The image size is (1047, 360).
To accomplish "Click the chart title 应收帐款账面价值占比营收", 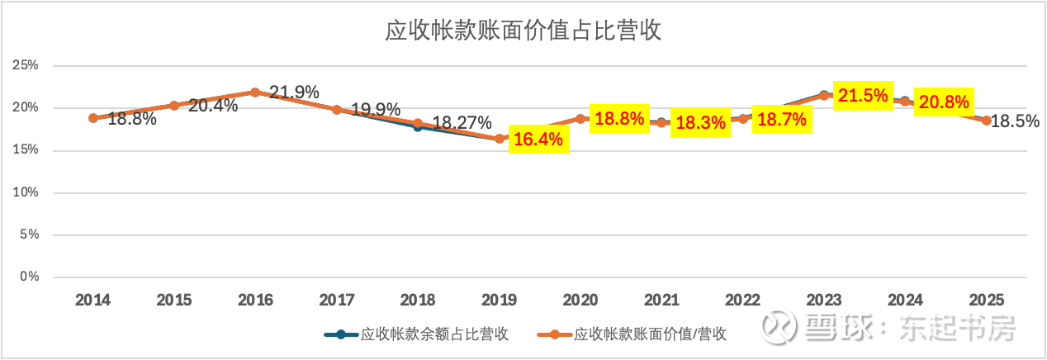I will click(524, 31).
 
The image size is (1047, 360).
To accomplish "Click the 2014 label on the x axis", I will click(93, 301).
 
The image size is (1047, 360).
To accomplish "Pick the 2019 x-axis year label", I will click(500, 301).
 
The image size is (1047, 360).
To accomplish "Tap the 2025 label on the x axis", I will click(986, 301).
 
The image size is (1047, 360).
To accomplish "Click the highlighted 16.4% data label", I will click(538, 139).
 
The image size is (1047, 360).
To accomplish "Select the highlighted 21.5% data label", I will click(863, 97).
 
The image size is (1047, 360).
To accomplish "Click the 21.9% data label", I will click(294, 92).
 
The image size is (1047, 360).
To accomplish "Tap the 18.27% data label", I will click(462, 123).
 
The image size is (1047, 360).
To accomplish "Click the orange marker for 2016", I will click(255, 92).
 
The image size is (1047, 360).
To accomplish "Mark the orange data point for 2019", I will click(500, 139).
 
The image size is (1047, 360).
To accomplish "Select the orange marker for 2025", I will click(986, 121).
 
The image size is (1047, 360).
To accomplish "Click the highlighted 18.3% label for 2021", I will click(701, 124).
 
